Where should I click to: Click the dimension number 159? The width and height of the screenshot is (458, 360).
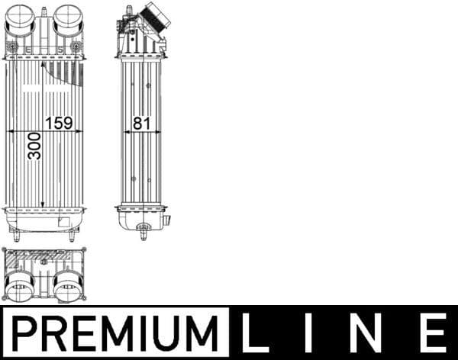pyautogui.click(x=59, y=122)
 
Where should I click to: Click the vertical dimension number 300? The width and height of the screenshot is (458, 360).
pyautogui.click(x=34, y=144)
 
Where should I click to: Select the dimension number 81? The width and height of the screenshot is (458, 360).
pyautogui.click(x=139, y=122)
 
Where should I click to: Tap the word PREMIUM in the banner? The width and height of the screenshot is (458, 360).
pyautogui.click(x=114, y=333)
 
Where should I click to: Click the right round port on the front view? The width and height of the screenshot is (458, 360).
pyautogui.click(x=67, y=21)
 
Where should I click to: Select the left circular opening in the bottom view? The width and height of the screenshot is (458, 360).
pyautogui.click(x=18, y=286)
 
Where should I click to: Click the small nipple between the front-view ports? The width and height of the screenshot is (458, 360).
pyautogui.click(x=43, y=13)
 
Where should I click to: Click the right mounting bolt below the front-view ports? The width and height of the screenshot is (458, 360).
pyautogui.click(x=76, y=48)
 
